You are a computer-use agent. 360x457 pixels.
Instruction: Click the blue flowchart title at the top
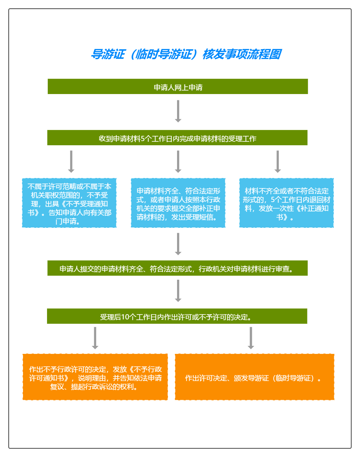click(x=186, y=54)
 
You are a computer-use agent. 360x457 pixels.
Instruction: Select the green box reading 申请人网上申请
click(x=178, y=86)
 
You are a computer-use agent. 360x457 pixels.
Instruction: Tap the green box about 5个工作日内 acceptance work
click(x=177, y=138)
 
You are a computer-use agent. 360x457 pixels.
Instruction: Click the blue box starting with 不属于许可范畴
click(x=69, y=203)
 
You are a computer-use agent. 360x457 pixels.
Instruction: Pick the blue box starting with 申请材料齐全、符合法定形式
click(x=178, y=203)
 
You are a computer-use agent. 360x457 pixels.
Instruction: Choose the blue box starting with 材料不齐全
click(x=286, y=203)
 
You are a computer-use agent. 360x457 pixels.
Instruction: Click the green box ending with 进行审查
click(x=177, y=268)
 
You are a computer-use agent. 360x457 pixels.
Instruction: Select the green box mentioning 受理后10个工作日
click(x=177, y=316)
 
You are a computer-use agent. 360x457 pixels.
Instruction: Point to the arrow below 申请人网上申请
click(x=178, y=111)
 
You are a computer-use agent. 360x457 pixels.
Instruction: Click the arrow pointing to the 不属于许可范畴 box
click(x=71, y=162)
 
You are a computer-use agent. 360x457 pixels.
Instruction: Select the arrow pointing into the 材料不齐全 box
click(x=278, y=162)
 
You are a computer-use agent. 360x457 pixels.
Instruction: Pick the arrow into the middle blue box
click(x=178, y=162)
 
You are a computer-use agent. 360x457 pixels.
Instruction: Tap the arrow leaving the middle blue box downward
click(x=178, y=244)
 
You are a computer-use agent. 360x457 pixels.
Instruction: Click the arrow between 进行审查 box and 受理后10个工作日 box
click(x=178, y=291)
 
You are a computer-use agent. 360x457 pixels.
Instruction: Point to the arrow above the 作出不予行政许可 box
click(x=95, y=338)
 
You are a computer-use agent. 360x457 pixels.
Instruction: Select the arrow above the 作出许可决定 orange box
click(x=251, y=338)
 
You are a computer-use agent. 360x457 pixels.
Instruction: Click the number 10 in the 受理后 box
click(x=125, y=317)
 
